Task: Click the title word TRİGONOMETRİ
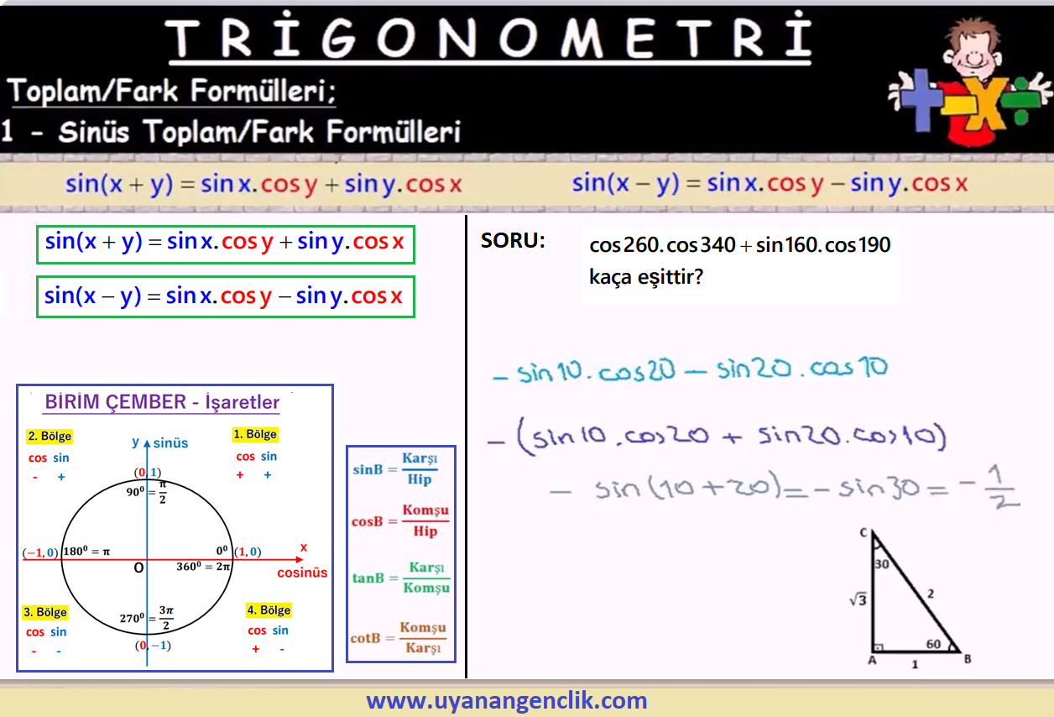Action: (x=489, y=37)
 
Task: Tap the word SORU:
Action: (x=513, y=241)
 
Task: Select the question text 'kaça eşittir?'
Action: (x=646, y=277)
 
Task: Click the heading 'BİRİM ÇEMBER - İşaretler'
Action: (x=162, y=402)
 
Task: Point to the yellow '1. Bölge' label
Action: (x=255, y=434)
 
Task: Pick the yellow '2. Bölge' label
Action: (x=50, y=436)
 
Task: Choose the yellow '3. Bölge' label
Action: (x=45, y=612)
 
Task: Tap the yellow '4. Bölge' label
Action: (x=269, y=610)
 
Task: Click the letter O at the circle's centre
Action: (x=138, y=568)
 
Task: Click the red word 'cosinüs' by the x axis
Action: (x=302, y=573)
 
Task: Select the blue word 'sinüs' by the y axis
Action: (x=170, y=443)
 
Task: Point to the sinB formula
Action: (x=395, y=468)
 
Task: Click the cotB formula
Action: (x=399, y=637)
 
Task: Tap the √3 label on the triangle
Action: (x=858, y=599)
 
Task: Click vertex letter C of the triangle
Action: (x=864, y=532)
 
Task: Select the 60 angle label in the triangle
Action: (x=933, y=644)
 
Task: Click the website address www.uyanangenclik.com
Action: (x=507, y=700)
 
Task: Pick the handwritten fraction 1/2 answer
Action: (x=1001, y=487)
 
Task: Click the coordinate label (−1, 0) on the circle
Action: (x=40, y=552)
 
